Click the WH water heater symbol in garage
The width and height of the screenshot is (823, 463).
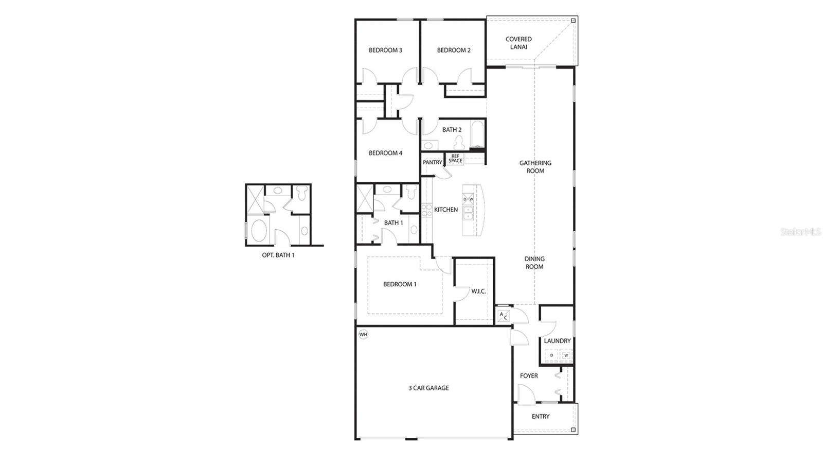(363, 335)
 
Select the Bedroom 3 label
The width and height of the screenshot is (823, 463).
(385, 50)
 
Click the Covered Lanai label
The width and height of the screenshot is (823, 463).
(518, 43)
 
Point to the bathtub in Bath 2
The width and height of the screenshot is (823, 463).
(477, 134)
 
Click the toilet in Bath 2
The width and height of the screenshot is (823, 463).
(459, 143)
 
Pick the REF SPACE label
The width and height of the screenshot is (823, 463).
(455, 159)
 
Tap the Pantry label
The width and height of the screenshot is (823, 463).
(433, 162)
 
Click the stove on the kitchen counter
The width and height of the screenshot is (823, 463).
(427, 210)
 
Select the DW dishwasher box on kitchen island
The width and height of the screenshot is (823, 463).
(468, 199)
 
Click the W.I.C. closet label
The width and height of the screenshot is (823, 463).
(478, 291)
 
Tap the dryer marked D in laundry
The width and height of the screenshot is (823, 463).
(551, 355)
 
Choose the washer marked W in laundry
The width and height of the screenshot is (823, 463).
(566, 355)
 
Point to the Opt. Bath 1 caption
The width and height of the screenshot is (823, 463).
(278, 255)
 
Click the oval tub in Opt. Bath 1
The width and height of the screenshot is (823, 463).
(259, 230)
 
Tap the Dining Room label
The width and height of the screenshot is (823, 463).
(534, 263)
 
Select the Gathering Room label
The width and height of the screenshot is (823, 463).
(535, 167)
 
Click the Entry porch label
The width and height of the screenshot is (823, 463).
(541, 416)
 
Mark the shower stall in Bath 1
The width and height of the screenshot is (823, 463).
(365, 198)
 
